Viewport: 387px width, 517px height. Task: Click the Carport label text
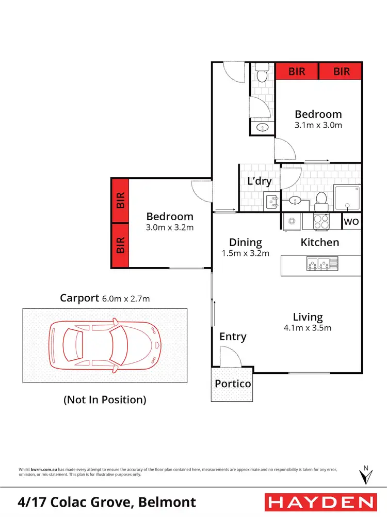(78, 298)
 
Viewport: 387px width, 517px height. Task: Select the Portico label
(233, 384)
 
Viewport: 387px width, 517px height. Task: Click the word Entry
(233, 337)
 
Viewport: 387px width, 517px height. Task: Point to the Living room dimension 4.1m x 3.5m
(308, 327)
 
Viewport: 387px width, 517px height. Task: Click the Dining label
(246, 242)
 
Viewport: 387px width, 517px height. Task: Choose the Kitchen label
(320, 242)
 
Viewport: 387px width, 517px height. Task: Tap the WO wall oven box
(352, 222)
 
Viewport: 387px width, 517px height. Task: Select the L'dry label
(260, 181)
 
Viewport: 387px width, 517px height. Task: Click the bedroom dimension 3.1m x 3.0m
(318, 125)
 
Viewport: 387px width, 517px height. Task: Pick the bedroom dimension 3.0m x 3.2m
(170, 227)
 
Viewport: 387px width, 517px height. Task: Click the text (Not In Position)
(105, 399)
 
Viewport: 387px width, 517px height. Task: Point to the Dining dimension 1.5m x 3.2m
(246, 253)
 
